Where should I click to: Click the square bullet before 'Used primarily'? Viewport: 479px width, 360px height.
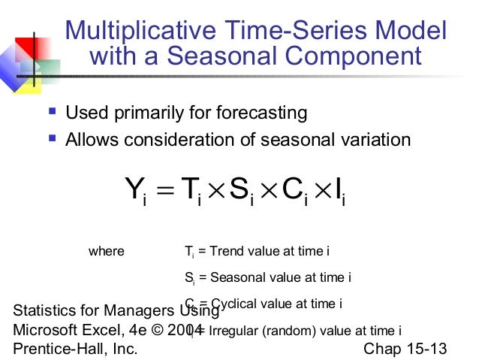click(52, 112)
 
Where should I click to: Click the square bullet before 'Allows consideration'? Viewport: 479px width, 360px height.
click(52, 138)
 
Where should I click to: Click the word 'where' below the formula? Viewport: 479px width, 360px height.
click(107, 251)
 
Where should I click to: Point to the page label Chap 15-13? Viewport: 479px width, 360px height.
click(405, 349)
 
